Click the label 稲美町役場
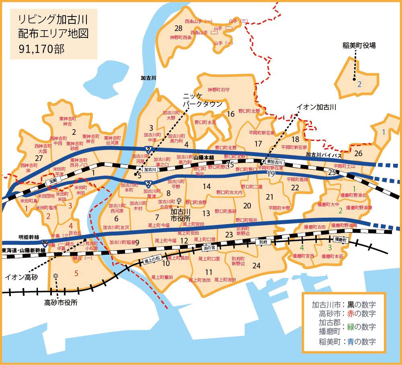(359, 45)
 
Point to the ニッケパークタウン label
(203, 100)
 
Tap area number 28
(178, 28)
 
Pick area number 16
(230, 114)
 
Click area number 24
(256, 266)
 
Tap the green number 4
(301, 247)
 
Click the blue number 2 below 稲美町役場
(359, 84)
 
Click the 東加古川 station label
(275, 162)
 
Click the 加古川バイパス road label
(323, 155)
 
